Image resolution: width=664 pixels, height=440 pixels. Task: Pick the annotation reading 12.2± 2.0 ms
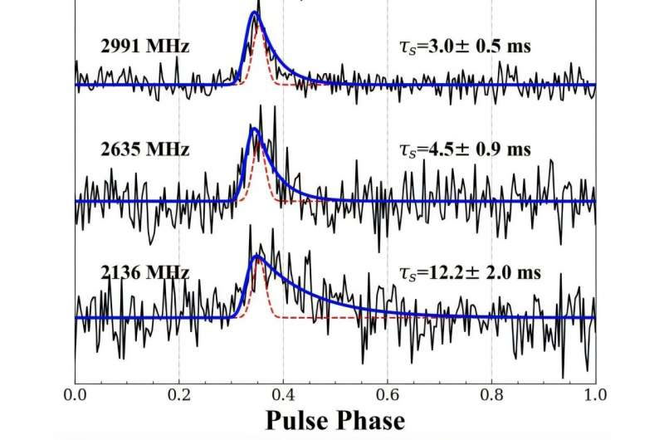pos(467,271)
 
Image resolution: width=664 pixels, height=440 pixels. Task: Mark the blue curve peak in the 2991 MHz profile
pos(256,12)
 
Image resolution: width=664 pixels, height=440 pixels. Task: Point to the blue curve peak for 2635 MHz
pos(255,130)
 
